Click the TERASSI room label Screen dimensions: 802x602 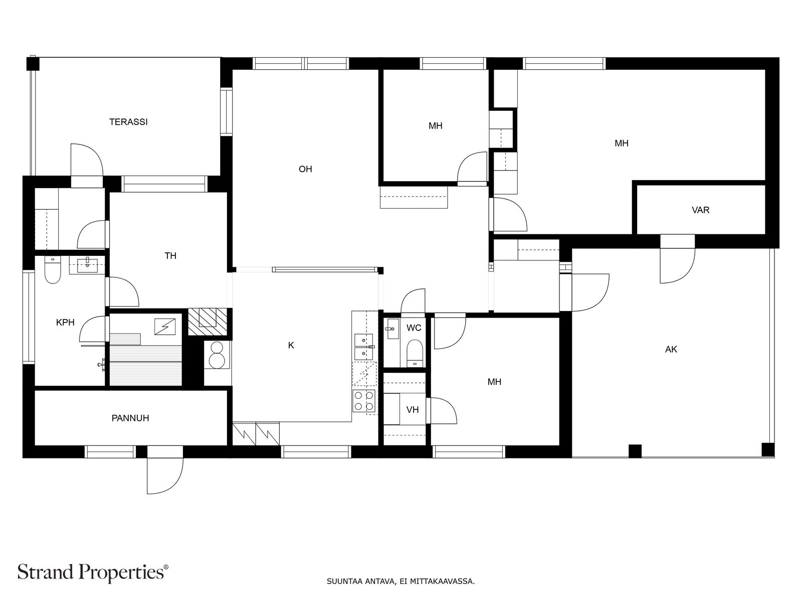tap(128, 122)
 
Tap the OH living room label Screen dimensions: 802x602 tap(305, 169)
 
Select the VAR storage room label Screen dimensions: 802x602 tap(700, 210)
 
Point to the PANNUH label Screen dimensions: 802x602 tap(130, 418)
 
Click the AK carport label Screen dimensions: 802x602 tap(671, 350)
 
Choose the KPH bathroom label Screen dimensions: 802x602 tap(65, 323)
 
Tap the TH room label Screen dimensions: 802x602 tap(170, 256)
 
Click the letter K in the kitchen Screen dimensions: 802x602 tap(291, 346)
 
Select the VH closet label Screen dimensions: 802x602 tap(412, 410)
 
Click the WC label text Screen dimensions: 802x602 tap(414, 328)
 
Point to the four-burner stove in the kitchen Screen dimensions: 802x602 tap(364, 401)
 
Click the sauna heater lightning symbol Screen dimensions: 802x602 tap(164, 327)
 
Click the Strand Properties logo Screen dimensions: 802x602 tap(93, 572)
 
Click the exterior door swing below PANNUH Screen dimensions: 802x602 tap(165, 475)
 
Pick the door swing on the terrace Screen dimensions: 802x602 tap(87, 160)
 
